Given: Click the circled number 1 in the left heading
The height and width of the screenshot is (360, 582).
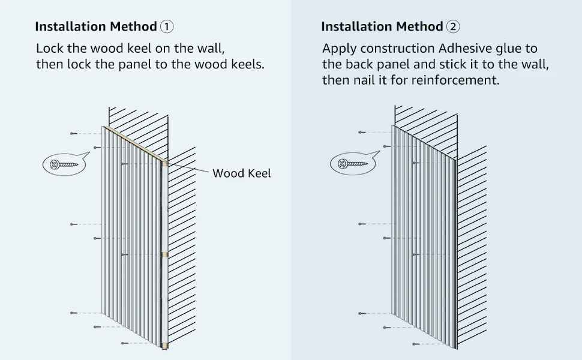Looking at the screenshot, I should coord(167,26).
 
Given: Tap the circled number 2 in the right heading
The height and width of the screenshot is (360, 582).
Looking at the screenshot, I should coord(453,26).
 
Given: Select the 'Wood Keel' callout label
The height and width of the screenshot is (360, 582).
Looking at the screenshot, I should coord(241,173).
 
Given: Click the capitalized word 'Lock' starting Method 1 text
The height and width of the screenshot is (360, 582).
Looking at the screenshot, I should coord(49,49).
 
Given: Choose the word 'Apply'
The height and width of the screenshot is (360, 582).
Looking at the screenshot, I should coord(338,49).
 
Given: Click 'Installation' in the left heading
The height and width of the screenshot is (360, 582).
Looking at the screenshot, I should coord(71,26).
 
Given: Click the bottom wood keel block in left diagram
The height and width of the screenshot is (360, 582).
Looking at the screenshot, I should coord(164,345).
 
